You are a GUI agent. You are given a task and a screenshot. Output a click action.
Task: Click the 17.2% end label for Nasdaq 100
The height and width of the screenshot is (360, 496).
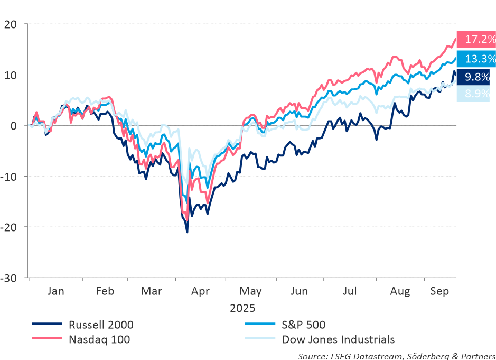click(x=476, y=39)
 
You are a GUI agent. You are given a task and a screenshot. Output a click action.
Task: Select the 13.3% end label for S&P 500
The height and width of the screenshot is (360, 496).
click(x=476, y=58)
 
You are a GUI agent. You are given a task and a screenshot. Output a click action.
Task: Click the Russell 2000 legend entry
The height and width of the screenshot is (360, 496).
click(x=100, y=325)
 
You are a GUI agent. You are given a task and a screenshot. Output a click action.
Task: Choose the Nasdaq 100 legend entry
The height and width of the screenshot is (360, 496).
click(x=99, y=339)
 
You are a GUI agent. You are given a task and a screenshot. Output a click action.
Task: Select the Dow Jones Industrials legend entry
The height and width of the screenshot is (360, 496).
click(x=338, y=339)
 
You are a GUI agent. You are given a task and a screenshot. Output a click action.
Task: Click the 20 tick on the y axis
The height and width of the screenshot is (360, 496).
click(x=12, y=24)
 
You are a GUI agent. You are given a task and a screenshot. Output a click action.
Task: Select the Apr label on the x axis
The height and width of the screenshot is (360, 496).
click(x=201, y=291)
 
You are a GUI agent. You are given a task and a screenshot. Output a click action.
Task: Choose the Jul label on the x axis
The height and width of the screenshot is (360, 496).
click(x=350, y=291)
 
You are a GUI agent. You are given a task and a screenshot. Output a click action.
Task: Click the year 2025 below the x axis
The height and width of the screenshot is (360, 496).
click(x=242, y=307)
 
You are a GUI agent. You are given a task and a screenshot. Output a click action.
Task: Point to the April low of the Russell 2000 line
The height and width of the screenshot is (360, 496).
click(x=187, y=232)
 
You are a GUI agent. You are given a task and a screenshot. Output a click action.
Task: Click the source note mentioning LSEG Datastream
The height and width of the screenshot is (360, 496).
click(x=396, y=355)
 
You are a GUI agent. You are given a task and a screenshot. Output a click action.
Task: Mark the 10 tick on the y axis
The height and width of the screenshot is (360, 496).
click(x=12, y=75)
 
